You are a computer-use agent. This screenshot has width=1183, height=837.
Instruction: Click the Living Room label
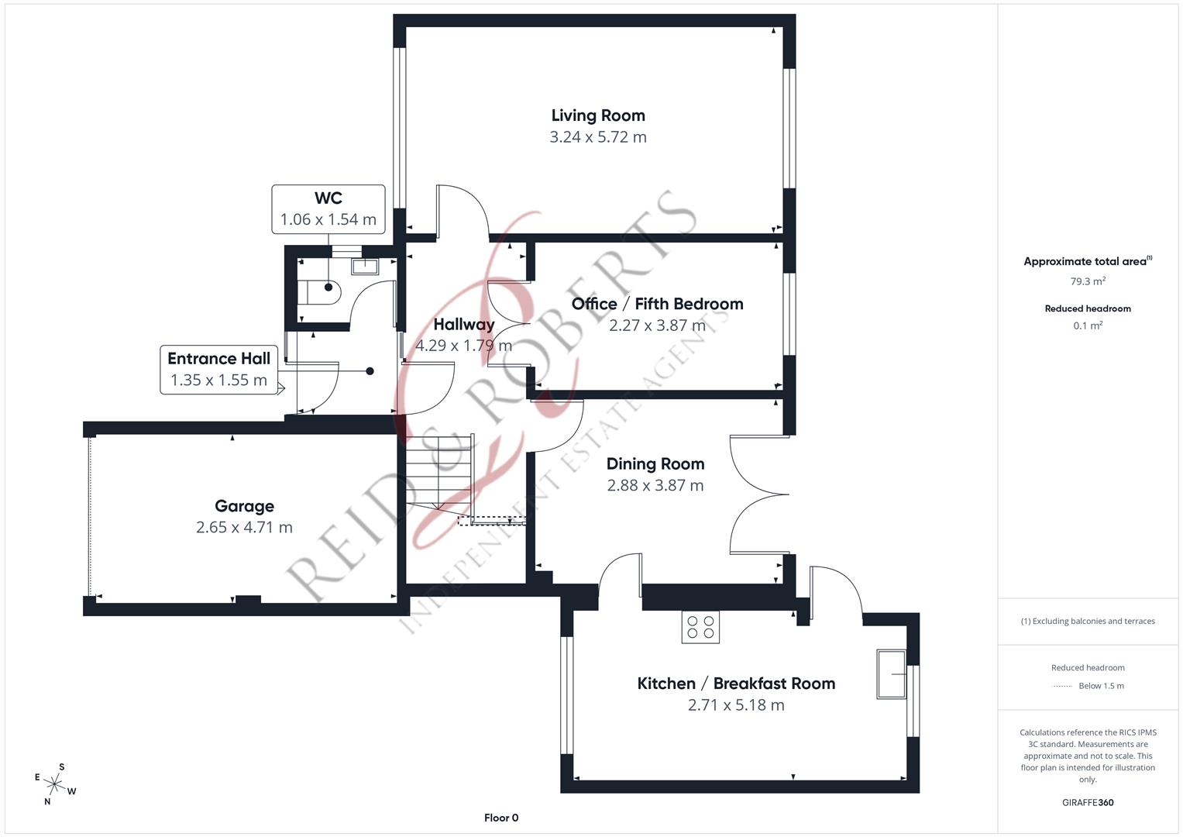(x=597, y=115)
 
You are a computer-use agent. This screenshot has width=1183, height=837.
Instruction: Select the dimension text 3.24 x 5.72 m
(x=597, y=137)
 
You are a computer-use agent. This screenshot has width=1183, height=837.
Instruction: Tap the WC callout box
(x=328, y=209)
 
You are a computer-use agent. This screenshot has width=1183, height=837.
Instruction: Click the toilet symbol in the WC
(x=318, y=292)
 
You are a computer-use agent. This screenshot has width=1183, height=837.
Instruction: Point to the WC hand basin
(x=364, y=267)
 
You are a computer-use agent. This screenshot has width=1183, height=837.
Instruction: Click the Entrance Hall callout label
(x=218, y=359)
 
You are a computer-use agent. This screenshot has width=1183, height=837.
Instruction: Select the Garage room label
(x=244, y=506)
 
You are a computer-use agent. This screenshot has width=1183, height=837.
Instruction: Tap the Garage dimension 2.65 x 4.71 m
(x=244, y=528)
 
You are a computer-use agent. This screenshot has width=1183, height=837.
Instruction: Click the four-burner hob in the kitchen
(x=700, y=627)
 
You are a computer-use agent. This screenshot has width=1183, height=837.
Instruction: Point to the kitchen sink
(x=891, y=674)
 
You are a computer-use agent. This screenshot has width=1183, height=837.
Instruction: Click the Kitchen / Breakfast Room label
(x=736, y=684)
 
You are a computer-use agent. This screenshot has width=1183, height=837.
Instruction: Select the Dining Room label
(x=655, y=464)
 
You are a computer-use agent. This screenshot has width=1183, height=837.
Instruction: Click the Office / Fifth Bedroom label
(x=657, y=304)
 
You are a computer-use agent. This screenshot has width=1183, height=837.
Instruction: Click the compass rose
(x=55, y=784)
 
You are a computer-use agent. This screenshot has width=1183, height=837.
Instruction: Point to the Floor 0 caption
(x=501, y=818)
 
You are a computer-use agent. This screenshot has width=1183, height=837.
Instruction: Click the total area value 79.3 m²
(x=1088, y=281)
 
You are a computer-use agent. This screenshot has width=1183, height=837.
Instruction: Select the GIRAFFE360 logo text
(x=1088, y=802)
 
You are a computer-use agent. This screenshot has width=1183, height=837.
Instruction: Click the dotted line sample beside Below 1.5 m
(x=1062, y=686)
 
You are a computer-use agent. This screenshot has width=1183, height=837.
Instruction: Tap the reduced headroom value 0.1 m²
(x=1088, y=325)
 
